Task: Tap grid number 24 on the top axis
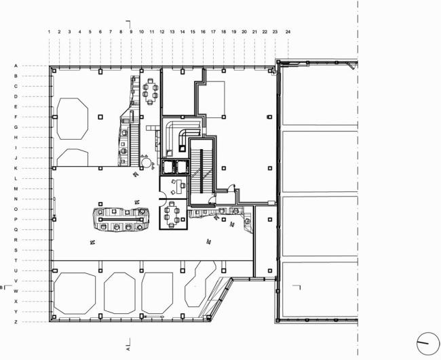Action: [x=288, y=32]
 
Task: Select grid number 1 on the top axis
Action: [x=50, y=32]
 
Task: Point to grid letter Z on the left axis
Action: [x=16, y=321]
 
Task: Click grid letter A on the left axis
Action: [x=16, y=66]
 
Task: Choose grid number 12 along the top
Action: [x=162, y=32]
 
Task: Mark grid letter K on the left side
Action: [x=16, y=168]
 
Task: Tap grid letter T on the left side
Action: [x=16, y=260]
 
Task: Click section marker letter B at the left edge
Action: [x=3, y=287]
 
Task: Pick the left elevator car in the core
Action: [x=166, y=166]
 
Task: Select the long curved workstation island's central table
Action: [x=122, y=220]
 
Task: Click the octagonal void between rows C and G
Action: [x=72, y=117]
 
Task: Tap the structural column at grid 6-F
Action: [x=100, y=117]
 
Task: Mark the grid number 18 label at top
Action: [x=224, y=32]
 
